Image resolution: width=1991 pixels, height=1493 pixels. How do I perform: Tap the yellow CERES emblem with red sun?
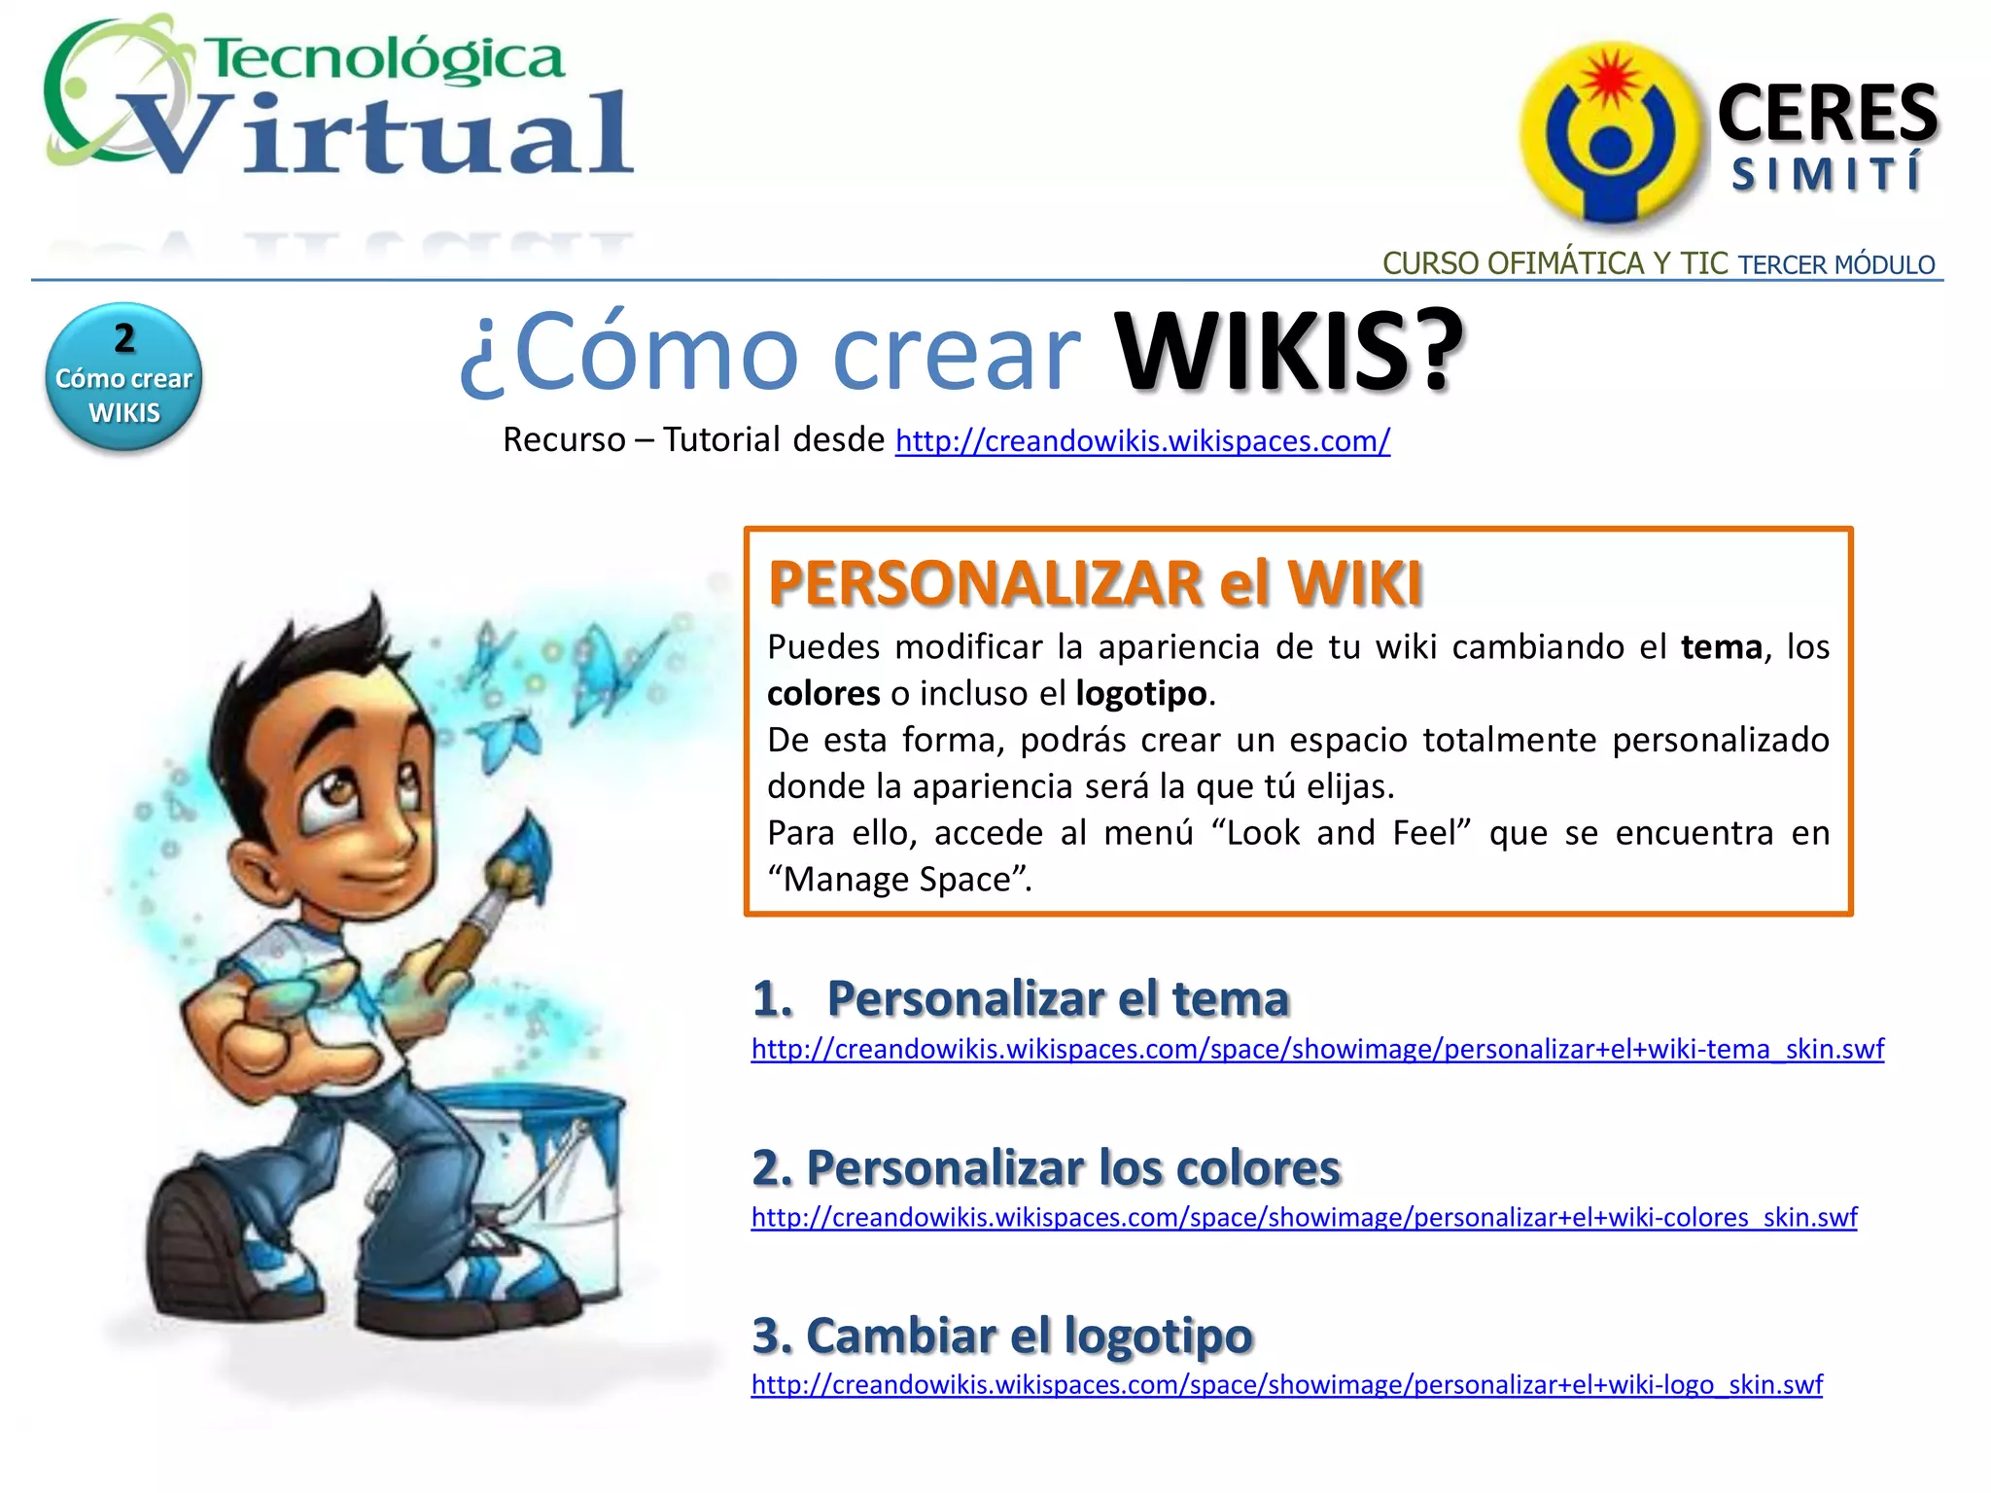tap(1609, 131)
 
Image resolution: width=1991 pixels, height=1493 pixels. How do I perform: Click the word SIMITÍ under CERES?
tap(1827, 175)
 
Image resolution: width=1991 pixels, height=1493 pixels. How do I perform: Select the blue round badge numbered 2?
tap(123, 376)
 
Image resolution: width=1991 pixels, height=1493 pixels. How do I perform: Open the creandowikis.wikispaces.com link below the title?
tap(1142, 441)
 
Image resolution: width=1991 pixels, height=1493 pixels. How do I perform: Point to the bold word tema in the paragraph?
tap(1721, 647)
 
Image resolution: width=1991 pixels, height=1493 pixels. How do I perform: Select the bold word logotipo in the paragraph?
tap(1140, 694)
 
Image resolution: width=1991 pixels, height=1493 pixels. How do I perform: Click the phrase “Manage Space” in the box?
tap(898, 880)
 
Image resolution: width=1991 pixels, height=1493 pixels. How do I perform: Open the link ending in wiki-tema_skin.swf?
tap(1317, 1050)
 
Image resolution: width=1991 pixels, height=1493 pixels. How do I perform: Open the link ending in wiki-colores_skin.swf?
tap(1304, 1218)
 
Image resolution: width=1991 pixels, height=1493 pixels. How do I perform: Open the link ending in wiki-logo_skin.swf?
tap(1286, 1385)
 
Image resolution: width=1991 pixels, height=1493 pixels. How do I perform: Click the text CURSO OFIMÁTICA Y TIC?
tap(1554, 263)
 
